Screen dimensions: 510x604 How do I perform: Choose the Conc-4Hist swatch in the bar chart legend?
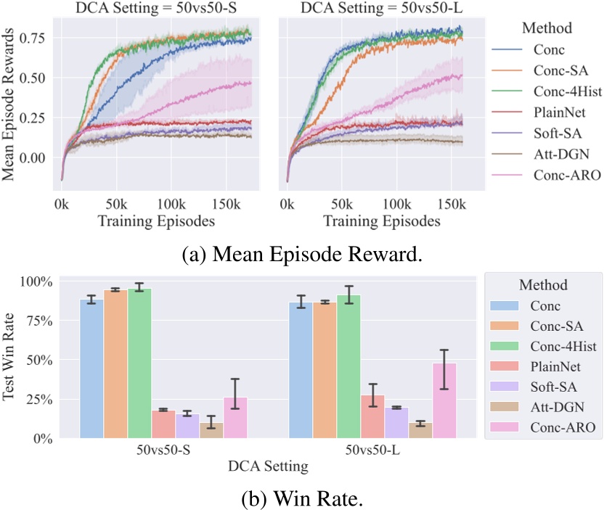(505, 348)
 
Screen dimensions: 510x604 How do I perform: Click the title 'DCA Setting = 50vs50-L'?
(375, 9)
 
